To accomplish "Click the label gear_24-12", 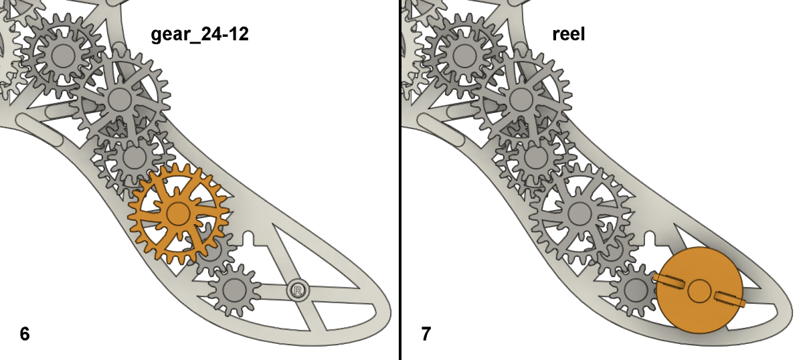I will point(199,34).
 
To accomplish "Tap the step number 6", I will point(25,333).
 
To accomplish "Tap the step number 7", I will point(426,333).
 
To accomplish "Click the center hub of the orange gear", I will point(178,214).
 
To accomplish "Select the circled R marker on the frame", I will point(298,290).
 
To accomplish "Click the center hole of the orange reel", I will point(699,290).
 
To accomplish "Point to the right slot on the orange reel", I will point(728,298).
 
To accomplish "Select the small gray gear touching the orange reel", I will point(633,290).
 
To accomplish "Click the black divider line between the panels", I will point(400,180).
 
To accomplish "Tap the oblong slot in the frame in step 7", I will point(440,127).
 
